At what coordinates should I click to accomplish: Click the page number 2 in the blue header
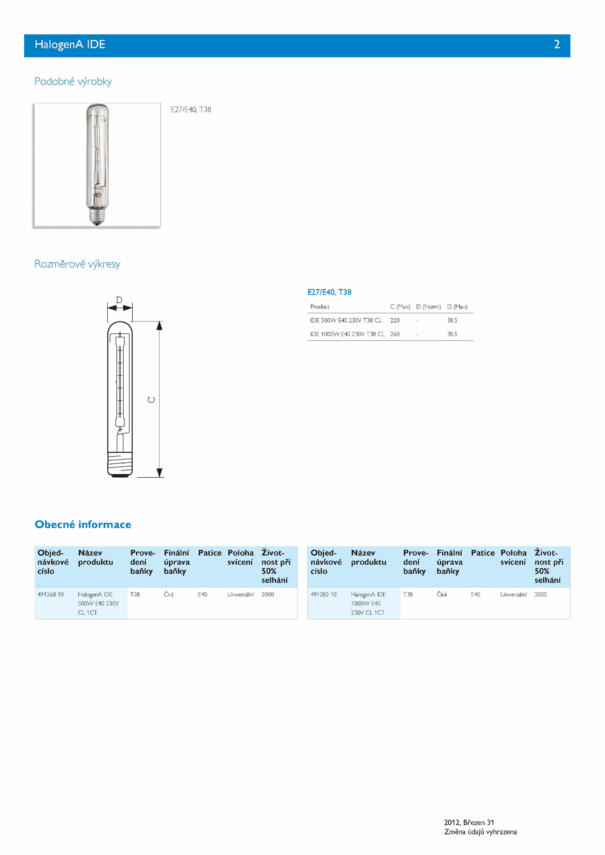(557, 45)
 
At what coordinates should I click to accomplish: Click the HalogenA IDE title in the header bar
(70, 45)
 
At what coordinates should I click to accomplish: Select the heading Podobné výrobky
(73, 81)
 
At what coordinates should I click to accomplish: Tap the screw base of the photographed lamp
(97, 216)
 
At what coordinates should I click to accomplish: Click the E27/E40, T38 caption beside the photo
(191, 110)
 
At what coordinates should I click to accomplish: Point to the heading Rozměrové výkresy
(77, 264)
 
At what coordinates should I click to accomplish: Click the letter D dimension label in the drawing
(119, 300)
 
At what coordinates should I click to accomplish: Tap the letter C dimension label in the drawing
(151, 400)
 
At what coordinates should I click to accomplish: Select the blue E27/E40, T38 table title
(329, 292)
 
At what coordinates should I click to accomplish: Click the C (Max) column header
(400, 307)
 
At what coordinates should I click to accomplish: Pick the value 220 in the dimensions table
(395, 321)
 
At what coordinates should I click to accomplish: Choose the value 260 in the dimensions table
(395, 334)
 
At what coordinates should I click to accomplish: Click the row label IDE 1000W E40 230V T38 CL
(347, 334)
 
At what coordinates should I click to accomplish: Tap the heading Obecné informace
(83, 524)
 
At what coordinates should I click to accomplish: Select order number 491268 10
(51, 595)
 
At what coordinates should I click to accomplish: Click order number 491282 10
(323, 595)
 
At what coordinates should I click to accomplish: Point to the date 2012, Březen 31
(469, 822)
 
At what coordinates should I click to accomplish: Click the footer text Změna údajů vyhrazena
(480, 832)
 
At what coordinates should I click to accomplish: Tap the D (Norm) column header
(428, 307)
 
